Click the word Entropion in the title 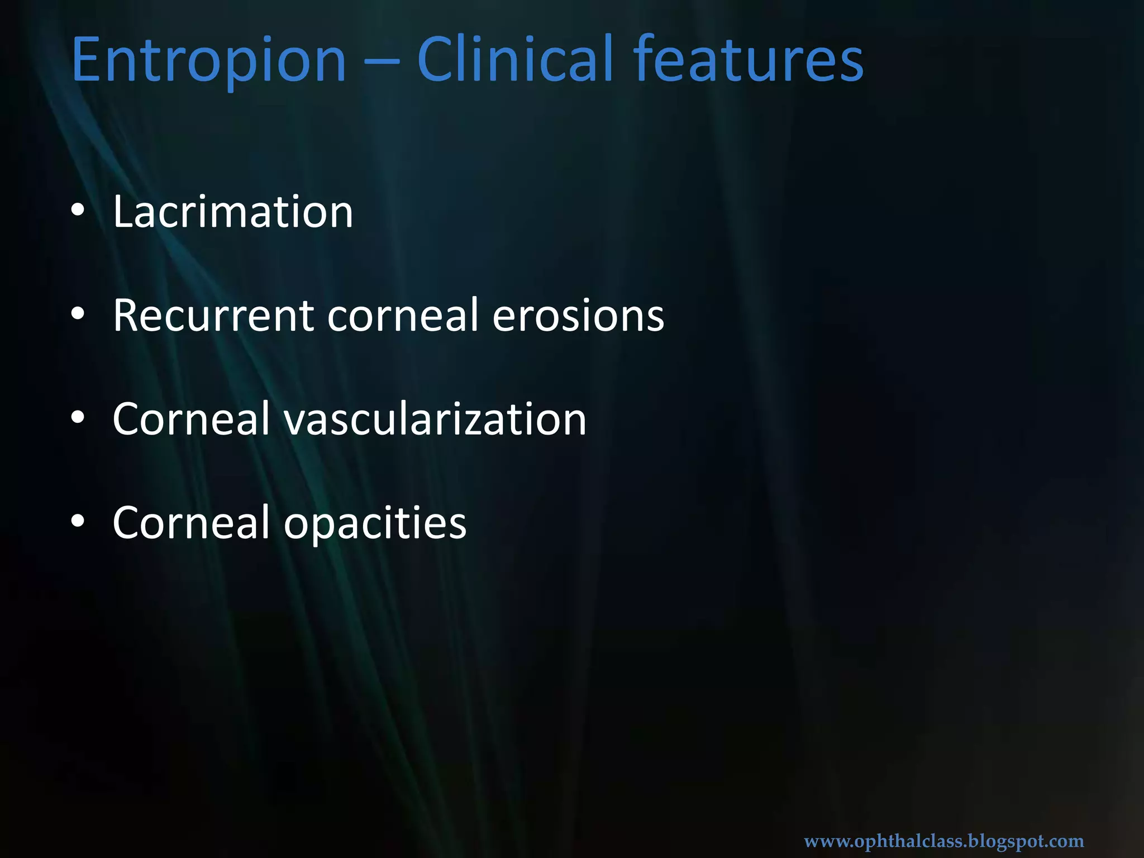point(208,60)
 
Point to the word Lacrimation point(233,212)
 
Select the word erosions point(578,316)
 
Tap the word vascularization point(435,420)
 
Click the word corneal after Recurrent point(403,316)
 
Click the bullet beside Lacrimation point(78,211)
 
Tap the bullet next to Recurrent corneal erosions point(78,314)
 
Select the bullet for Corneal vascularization point(78,418)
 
